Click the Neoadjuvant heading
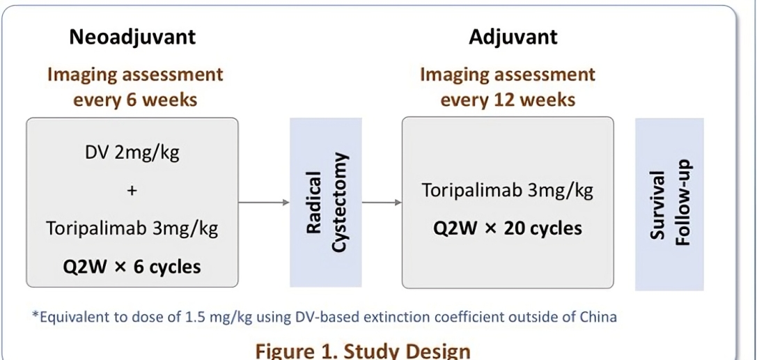(x=132, y=38)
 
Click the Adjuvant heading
(x=513, y=38)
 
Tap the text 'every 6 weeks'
(x=134, y=100)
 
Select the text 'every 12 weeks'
(x=508, y=100)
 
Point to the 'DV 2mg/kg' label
(x=132, y=153)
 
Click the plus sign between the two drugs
(x=132, y=191)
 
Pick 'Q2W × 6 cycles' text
(x=132, y=267)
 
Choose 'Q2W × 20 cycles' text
(x=508, y=228)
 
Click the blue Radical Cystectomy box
(x=326, y=202)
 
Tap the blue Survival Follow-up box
(x=669, y=204)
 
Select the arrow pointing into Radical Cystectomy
(x=264, y=202)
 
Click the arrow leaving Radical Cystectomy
(x=382, y=202)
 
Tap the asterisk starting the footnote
(x=35, y=315)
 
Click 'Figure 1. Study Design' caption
(x=363, y=350)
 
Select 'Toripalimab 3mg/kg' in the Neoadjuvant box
(x=132, y=228)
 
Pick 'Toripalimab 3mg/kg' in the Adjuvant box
(x=508, y=191)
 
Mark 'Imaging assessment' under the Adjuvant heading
(x=508, y=75)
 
